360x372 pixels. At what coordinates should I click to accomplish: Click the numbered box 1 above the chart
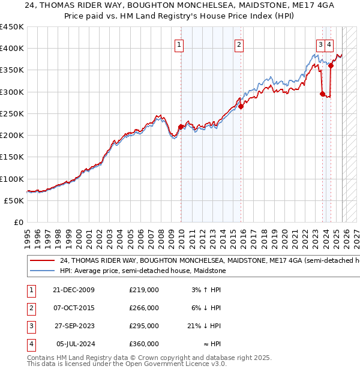point(179,44)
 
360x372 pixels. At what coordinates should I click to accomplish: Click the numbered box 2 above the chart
point(239,44)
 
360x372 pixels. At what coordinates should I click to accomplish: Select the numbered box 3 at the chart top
point(321,44)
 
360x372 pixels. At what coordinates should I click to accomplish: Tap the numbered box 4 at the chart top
point(330,44)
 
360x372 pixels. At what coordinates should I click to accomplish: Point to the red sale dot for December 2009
point(181,127)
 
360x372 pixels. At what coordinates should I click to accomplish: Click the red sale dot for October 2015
point(241,107)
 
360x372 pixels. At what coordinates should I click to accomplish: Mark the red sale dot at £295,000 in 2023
point(323,94)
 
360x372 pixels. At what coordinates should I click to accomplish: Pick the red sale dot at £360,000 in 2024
point(331,65)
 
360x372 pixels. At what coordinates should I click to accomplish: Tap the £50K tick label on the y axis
point(14,200)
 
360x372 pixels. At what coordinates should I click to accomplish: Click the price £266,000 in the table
point(144,308)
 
